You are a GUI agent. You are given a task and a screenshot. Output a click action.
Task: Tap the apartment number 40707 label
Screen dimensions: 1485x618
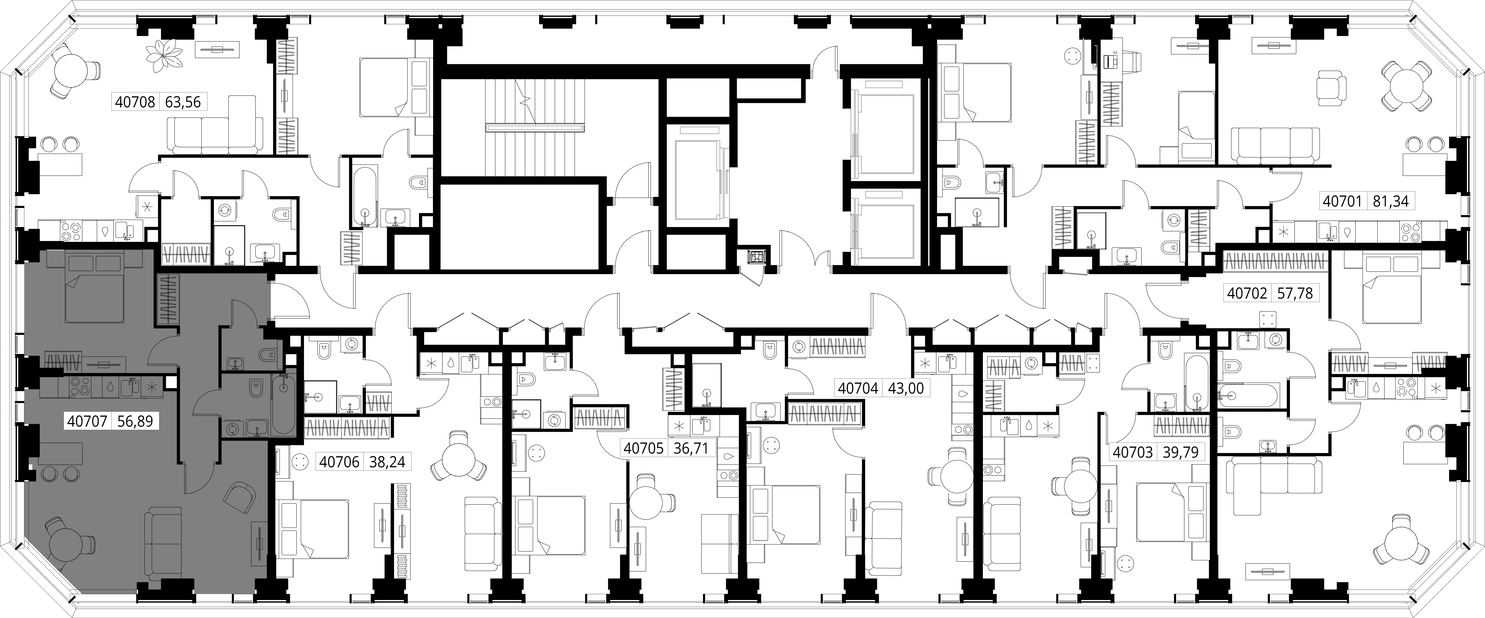pyautogui.click(x=87, y=421)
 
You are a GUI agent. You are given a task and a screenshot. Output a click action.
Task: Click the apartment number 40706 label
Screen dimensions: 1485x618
pyautogui.click(x=340, y=462)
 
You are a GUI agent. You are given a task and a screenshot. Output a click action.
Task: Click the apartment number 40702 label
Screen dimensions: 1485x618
pyautogui.click(x=1247, y=293)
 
